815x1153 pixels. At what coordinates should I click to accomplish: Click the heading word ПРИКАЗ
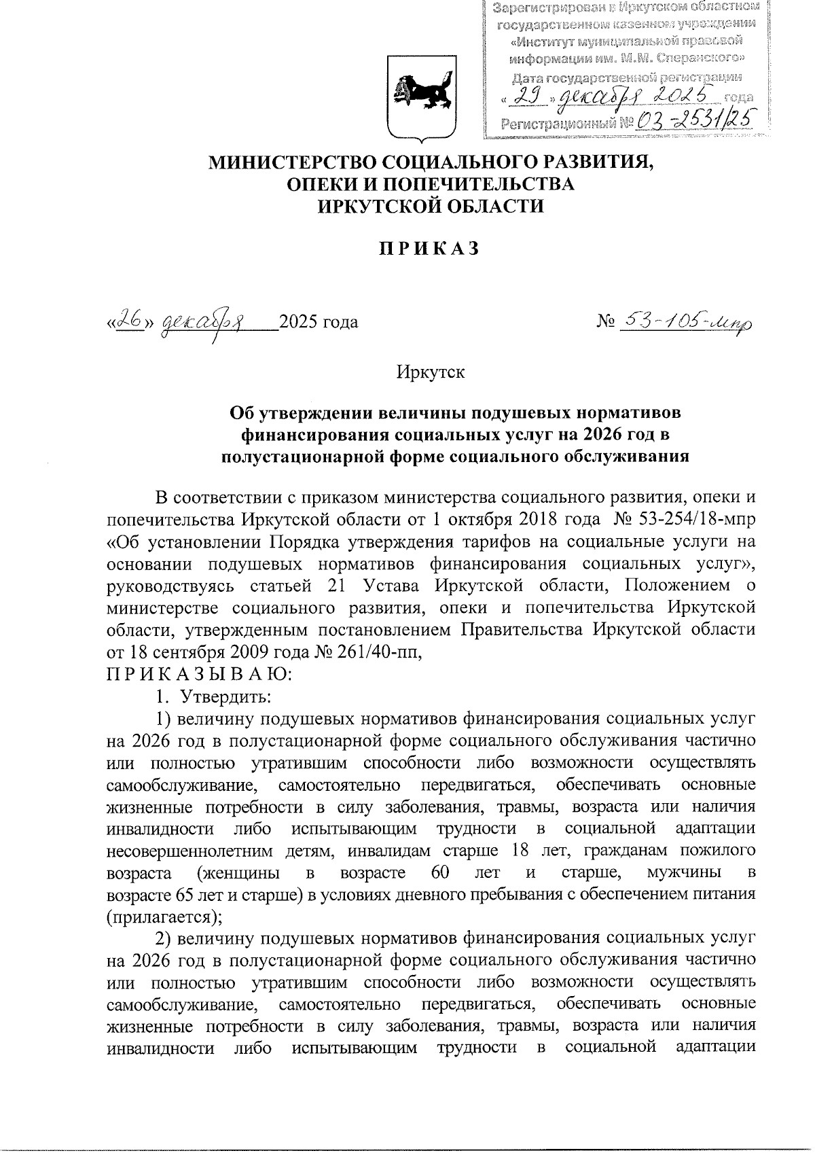point(429,249)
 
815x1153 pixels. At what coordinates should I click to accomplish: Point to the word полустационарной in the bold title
point(311,456)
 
